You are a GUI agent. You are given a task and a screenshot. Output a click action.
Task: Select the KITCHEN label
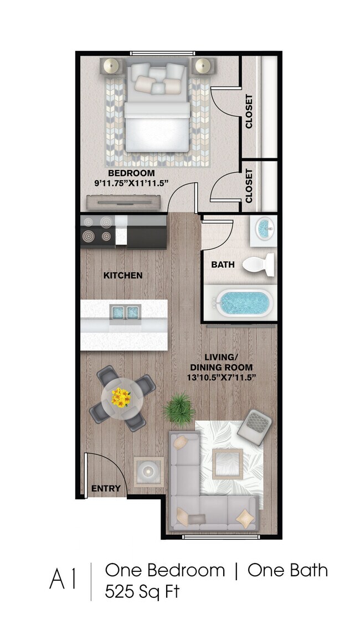[x=122, y=275]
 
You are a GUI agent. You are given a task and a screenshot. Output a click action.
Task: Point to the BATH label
[x=223, y=265]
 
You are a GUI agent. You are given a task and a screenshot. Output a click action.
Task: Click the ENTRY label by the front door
[x=105, y=488]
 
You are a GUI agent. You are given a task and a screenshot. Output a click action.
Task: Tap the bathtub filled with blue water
[x=245, y=303]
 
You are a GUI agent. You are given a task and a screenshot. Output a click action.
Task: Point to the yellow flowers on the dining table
[x=121, y=397]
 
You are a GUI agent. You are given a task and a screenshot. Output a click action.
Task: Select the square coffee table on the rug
[x=228, y=462]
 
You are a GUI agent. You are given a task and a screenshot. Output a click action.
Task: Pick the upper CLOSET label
[x=249, y=111]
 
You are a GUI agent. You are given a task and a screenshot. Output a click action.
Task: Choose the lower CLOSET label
[x=249, y=186]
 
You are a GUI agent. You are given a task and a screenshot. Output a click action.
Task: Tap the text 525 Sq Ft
[x=142, y=592]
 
